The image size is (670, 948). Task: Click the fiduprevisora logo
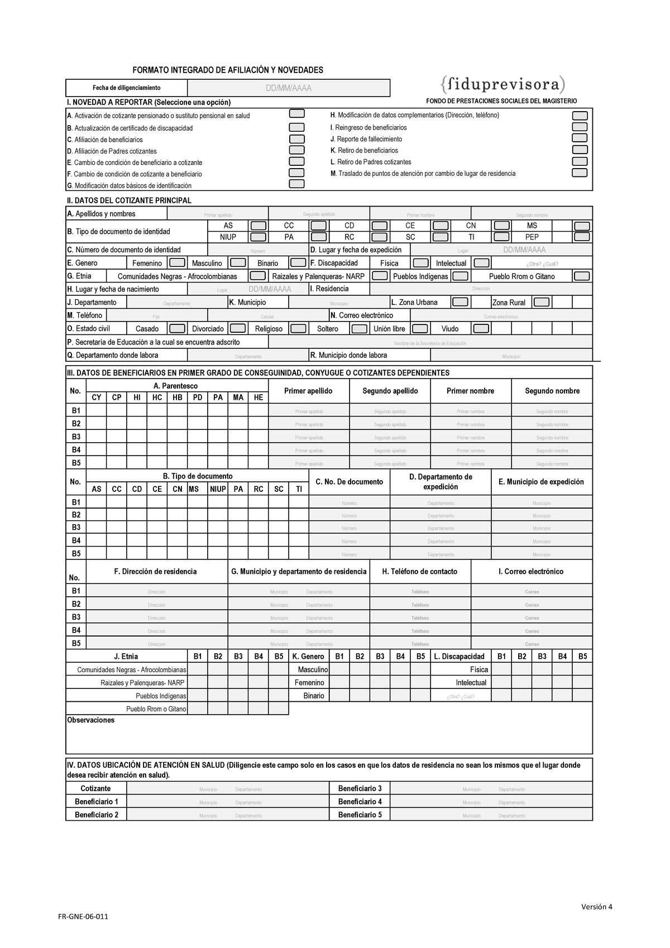point(502,84)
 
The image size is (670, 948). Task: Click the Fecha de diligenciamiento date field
point(288,88)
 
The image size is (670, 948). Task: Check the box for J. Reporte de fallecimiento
point(580,138)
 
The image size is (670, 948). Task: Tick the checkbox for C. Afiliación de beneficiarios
point(296,139)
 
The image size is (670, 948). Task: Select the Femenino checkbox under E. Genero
point(177,263)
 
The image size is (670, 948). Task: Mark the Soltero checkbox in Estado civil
point(359,329)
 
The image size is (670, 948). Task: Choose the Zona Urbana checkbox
point(460,302)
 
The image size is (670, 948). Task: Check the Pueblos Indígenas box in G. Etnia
point(460,276)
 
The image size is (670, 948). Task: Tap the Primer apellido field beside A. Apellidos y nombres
point(218,214)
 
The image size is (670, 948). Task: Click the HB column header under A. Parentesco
point(178,398)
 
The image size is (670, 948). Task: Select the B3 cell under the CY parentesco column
point(97,437)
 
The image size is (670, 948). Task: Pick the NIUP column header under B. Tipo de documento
point(218,489)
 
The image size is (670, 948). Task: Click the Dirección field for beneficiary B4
point(157,631)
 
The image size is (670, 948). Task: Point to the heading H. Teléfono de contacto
point(420,572)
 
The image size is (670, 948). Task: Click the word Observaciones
point(90,720)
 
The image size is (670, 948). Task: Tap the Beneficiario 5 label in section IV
point(360,815)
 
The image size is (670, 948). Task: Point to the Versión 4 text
point(596,907)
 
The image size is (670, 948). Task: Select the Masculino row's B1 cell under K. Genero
point(339,669)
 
